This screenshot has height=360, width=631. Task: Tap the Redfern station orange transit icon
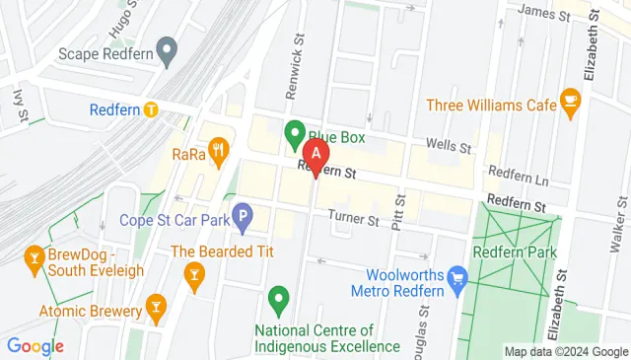(151, 109)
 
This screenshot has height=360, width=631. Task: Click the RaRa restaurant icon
(219, 152)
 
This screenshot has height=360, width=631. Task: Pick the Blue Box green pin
(294, 132)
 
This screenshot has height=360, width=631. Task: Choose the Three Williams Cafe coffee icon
(569, 99)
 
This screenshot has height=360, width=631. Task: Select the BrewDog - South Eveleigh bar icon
(35, 259)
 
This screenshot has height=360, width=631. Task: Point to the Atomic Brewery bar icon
(155, 307)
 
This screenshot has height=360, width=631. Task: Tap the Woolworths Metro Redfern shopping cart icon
(456, 278)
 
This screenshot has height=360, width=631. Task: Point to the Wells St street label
(448, 146)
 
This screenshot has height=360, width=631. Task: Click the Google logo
(35, 346)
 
